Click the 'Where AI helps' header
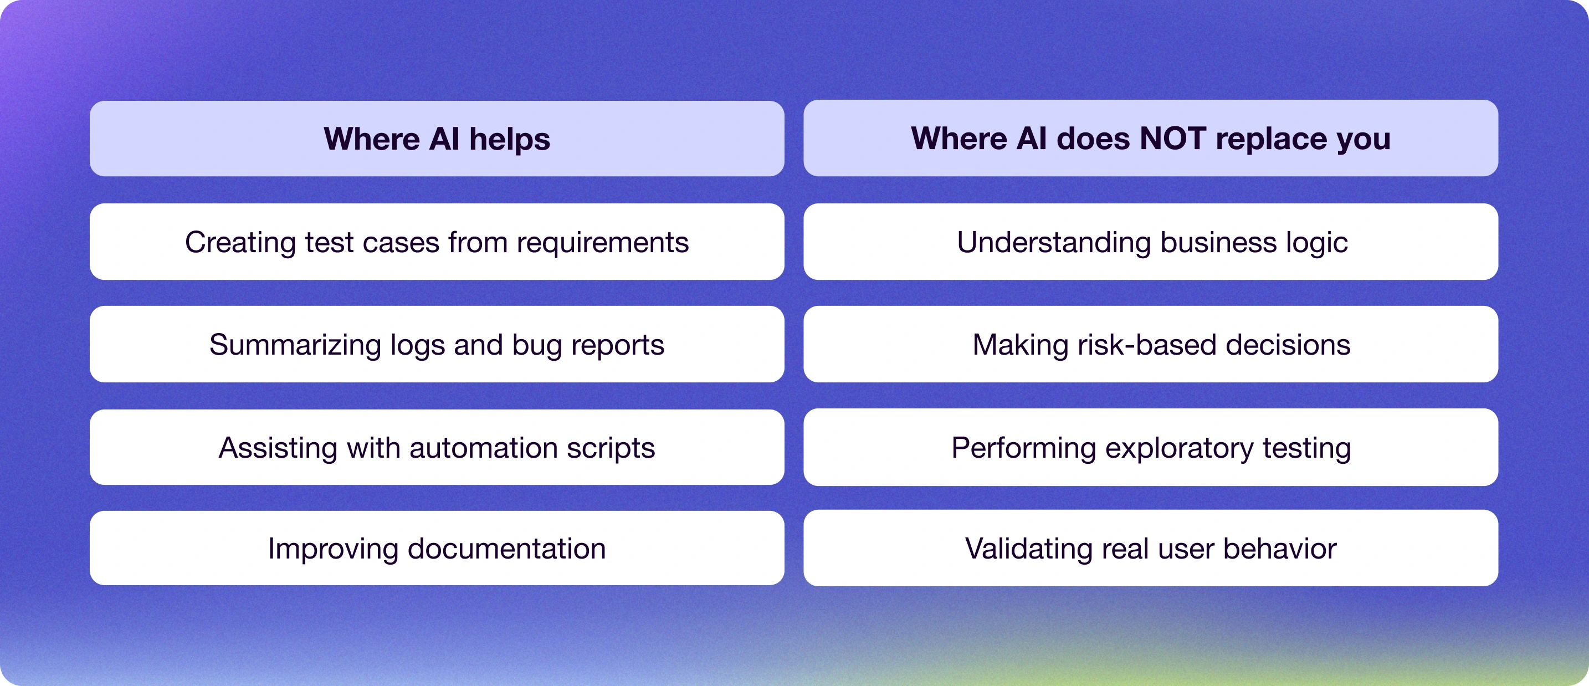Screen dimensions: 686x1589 coord(437,139)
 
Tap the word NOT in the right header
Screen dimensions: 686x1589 coord(1172,138)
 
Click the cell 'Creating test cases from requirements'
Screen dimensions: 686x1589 coord(437,242)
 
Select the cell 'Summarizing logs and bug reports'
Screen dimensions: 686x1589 coord(437,344)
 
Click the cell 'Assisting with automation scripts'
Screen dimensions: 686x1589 coord(437,447)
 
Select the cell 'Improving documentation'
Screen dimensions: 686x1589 coord(437,549)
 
